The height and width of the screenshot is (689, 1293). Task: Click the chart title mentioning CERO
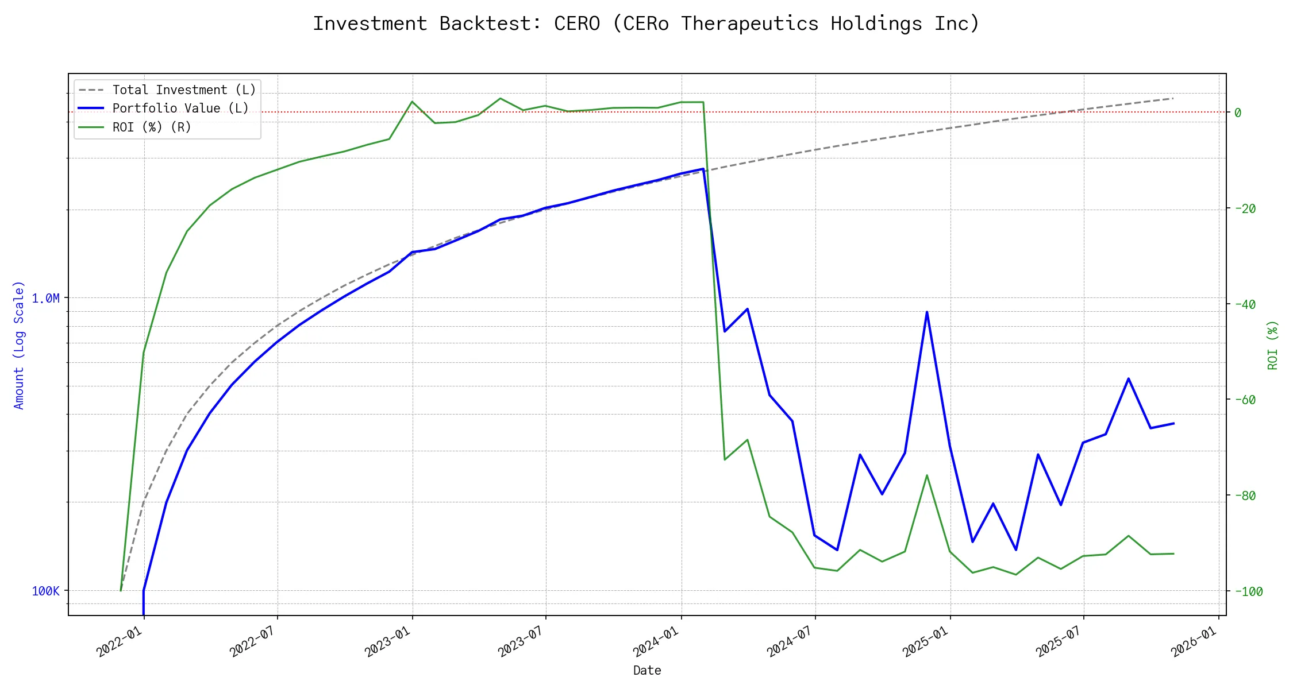(646, 24)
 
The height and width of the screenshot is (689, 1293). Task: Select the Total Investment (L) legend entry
(184, 90)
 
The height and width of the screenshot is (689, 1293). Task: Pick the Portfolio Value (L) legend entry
(180, 109)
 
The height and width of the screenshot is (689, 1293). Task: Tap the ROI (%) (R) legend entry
(152, 127)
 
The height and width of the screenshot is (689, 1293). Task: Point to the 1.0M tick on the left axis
(45, 298)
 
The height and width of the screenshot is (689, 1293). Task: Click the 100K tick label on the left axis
(45, 591)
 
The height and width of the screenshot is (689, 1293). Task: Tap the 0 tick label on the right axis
(1238, 113)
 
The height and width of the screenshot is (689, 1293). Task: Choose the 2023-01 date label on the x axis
(388, 641)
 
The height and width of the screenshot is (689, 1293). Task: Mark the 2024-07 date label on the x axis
(790, 641)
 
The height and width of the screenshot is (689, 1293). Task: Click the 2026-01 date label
(1194, 641)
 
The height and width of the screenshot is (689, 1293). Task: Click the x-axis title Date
(647, 670)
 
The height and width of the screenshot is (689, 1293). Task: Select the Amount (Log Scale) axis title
(20, 345)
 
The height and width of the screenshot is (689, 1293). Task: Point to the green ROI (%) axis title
(1273, 345)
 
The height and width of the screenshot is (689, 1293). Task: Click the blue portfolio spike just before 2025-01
(927, 312)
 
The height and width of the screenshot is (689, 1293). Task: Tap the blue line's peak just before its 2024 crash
(703, 169)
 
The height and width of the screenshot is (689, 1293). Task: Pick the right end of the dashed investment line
(1173, 99)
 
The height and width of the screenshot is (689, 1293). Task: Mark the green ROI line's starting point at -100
(121, 590)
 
